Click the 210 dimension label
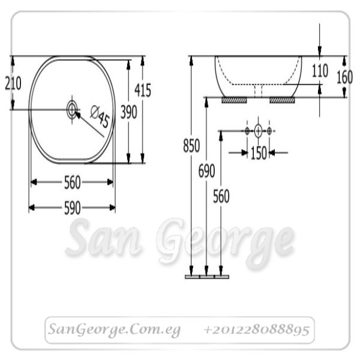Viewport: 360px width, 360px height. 13,83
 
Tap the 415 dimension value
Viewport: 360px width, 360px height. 143,90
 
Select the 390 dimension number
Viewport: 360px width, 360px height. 129,112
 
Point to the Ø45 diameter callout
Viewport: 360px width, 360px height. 100,116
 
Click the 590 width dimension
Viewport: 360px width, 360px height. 73,208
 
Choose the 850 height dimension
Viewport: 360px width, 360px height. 191,146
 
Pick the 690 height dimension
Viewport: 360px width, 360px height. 206,171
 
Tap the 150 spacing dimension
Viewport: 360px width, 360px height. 259,153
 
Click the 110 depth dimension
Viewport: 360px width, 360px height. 320,70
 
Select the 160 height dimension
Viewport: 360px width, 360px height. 344,77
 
